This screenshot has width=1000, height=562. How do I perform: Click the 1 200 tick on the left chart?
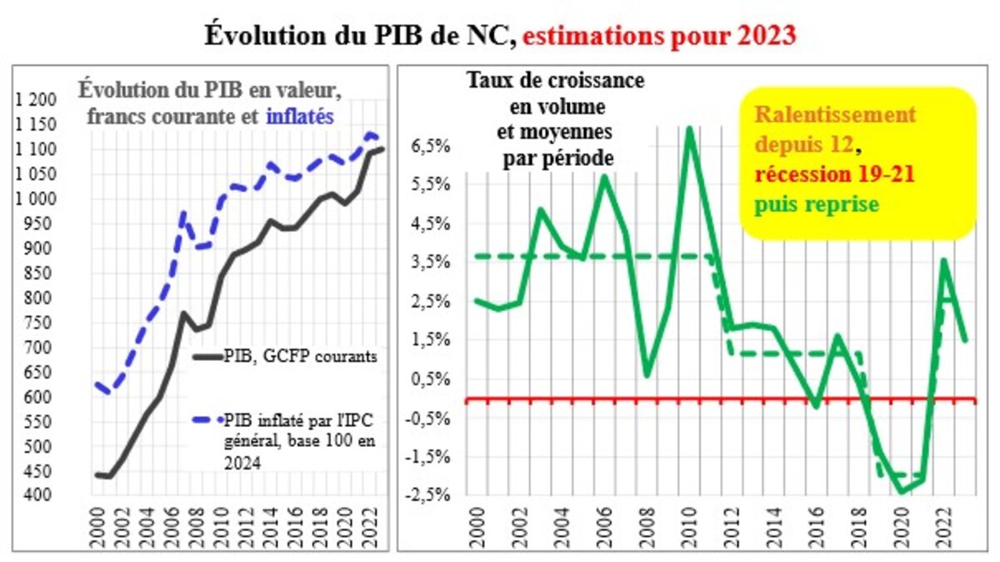pyautogui.click(x=34, y=100)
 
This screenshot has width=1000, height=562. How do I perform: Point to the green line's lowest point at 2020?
pyautogui.click(x=902, y=492)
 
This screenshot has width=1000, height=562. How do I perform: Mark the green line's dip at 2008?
pyautogui.click(x=647, y=375)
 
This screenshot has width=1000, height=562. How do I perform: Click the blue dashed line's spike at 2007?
pyautogui.click(x=182, y=213)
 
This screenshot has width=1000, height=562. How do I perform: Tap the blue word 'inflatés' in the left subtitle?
pyautogui.click(x=300, y=116)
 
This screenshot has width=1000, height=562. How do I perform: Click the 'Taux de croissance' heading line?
pyautogui.click(x=555, y=81)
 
